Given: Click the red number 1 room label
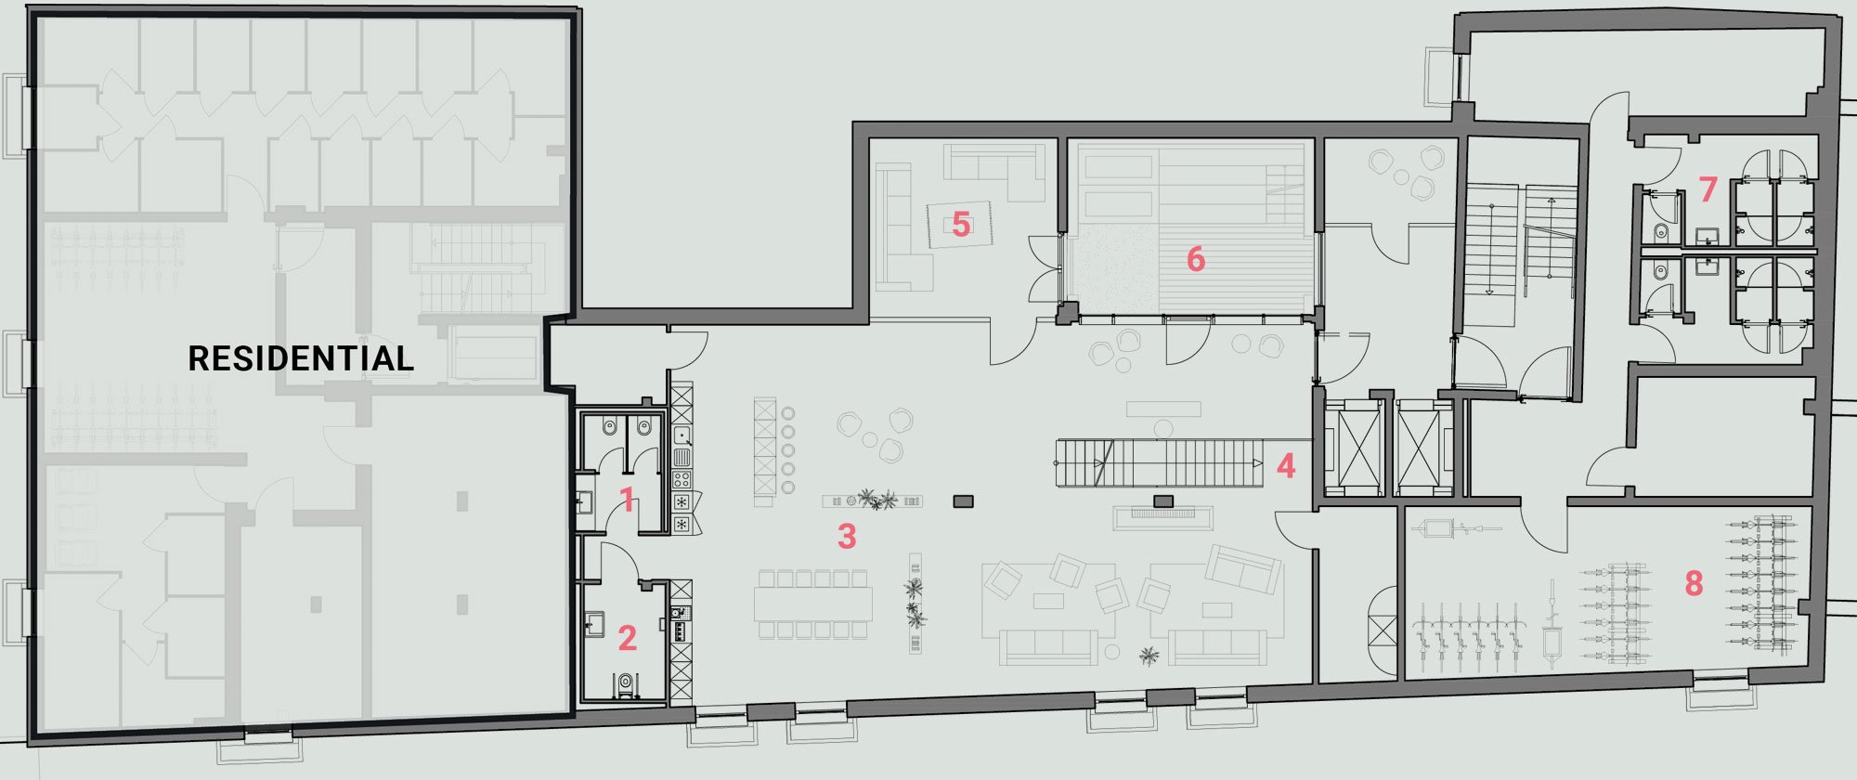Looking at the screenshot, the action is coord(628,500).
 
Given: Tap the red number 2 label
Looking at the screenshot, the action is coord(628,638).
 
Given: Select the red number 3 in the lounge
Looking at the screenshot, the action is coord(846,536).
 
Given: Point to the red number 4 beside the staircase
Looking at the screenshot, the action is coord(1285,465).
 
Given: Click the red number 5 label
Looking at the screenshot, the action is coord(961,224).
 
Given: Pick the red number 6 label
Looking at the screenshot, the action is coord(1196,259).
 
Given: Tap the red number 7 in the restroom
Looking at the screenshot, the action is coord(1708,189).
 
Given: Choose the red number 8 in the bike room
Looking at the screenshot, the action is coord(1694,583).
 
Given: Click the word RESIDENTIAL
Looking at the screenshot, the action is coord(301,358).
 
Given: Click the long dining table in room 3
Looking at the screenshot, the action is coord(813,604).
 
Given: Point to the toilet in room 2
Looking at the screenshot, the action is coord(626,685).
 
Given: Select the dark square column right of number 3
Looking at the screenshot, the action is coord(964,501).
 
